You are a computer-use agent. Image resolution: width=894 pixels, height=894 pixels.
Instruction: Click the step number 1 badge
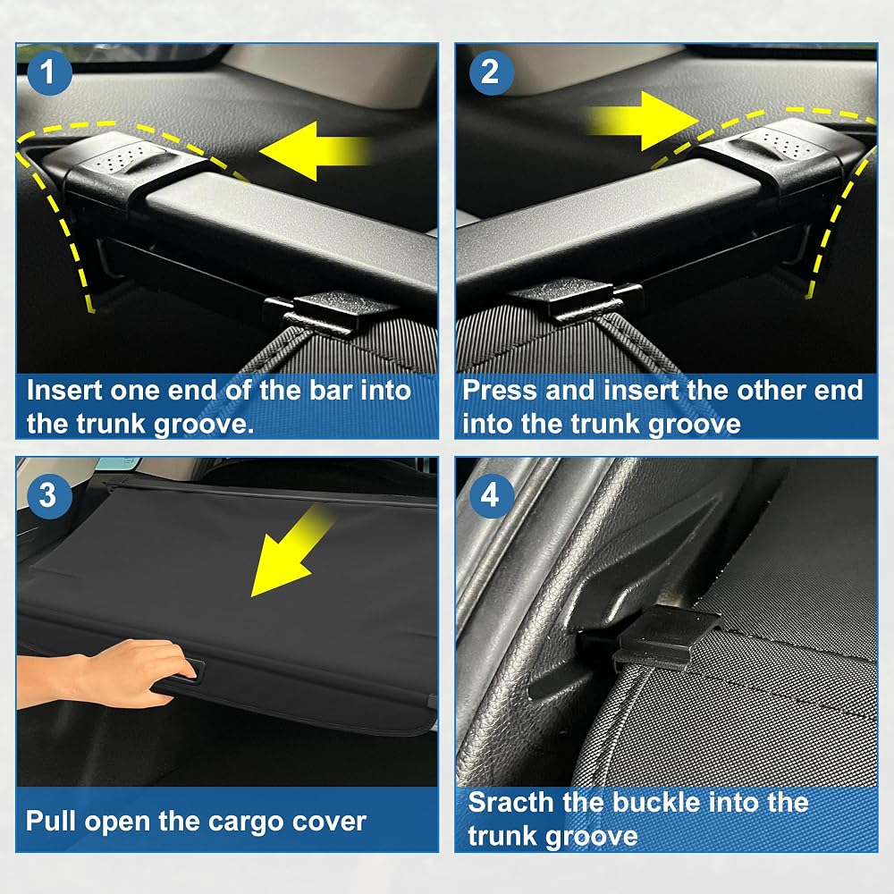[x=48, y=72]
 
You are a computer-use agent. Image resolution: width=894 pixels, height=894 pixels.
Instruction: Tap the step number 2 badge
[x=491, y=72]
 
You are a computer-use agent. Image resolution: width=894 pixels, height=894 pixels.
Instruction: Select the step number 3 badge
[x=48, y=495]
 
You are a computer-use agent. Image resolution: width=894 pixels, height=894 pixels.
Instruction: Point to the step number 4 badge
[x=491, y=495]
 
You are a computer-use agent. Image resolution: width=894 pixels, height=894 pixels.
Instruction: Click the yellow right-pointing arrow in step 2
[x=645, y=121]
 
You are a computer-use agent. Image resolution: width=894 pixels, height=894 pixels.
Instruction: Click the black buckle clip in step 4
[x=667, y=636]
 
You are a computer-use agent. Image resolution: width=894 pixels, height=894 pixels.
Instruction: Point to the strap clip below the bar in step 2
[x=576, y=299]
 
